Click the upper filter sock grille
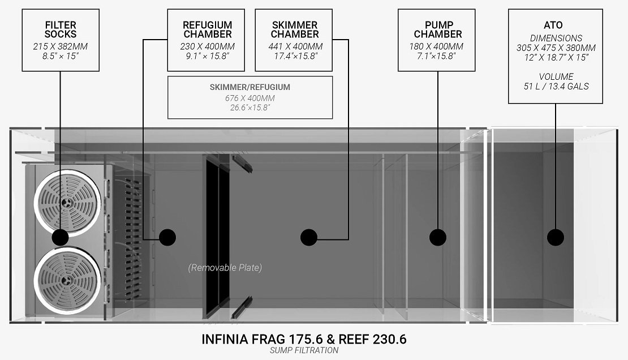(x=67, y=201)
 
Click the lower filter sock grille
(x=67, y=280)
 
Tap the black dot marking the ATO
(x=556, y=237)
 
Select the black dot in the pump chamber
(x=438, y=237)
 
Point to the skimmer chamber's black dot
(x=309, y=237)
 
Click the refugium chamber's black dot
(x=167, y=237)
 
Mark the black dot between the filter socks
(x=60, y=237)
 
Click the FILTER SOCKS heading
(x=61, y=29)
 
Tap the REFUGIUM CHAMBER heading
(x=208, y=29)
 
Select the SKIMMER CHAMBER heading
(x=295, y=29)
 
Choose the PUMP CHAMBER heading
(x=438, y=29)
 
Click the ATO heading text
(x=553, y=25)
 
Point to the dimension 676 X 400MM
(x=250, y=98)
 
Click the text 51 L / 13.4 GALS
(x=556, y=86)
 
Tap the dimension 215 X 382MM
(x=60, y=46)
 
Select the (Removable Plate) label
(x=225, y=267)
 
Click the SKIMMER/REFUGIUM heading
(x=250, y=87)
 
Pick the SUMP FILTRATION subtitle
(x=304, y=350)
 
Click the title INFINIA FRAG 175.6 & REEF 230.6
(x=304, y=339)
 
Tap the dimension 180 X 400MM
(x=436, y=46)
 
